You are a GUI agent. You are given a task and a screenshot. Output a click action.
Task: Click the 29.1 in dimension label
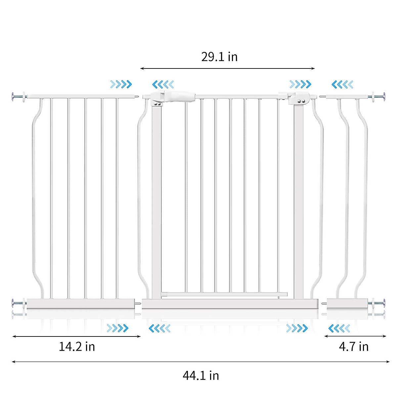click(219, 57)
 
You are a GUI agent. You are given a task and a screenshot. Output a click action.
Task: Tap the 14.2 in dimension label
click(77, 346)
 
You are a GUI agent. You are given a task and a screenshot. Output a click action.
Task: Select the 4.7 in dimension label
click(353, 346)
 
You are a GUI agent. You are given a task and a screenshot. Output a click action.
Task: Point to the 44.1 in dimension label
click(201, 375)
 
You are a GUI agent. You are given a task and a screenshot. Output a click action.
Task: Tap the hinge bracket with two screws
click(299, 99)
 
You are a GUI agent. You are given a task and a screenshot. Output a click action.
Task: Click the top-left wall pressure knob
click(15, 97)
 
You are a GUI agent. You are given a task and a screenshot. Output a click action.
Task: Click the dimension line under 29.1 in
click(227, 68)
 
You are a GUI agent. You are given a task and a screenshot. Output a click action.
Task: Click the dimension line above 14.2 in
click(76, 336)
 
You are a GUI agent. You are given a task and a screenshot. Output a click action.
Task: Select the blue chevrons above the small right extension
click(342, 84)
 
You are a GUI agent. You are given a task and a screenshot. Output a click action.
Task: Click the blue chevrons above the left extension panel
click(121, 84)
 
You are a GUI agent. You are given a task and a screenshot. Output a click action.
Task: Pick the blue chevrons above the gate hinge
click(300, 84)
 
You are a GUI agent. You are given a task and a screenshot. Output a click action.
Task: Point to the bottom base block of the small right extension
click(347, 304)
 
